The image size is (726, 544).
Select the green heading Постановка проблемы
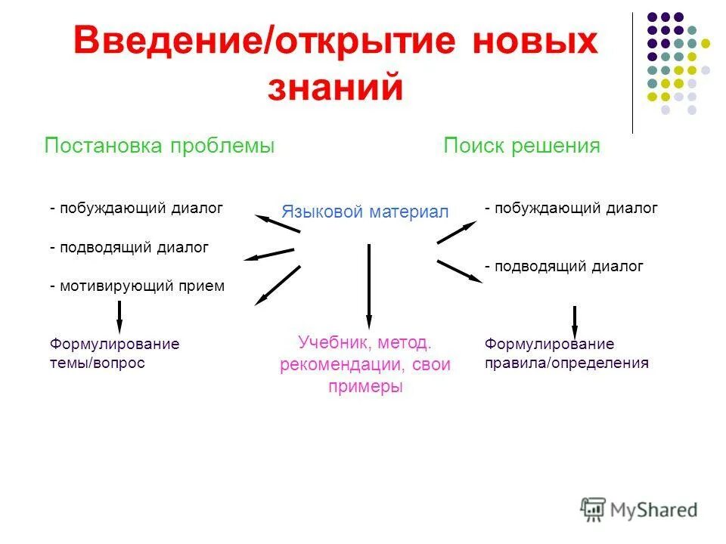159,146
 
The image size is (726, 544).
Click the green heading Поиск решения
522,146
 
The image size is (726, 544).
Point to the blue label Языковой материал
365,212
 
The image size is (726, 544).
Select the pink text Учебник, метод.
365,342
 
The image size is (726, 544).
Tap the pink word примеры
365,386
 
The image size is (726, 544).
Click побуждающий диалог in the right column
574,208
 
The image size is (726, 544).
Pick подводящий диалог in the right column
566,266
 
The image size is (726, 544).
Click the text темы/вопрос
97,363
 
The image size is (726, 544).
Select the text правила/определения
566,363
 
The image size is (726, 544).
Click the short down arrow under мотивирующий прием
119,315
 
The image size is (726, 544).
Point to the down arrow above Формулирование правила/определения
575,321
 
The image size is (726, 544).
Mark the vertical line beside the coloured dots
632,72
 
